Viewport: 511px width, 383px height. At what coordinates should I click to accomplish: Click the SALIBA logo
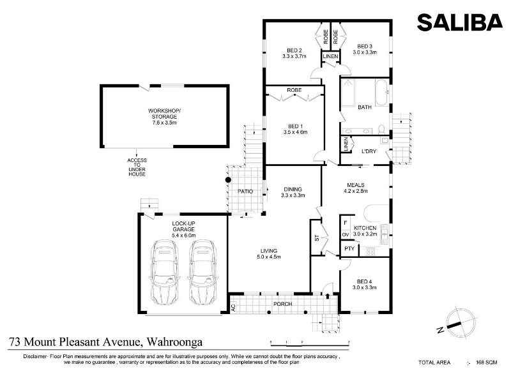pyautogui.click(x=460, y=22)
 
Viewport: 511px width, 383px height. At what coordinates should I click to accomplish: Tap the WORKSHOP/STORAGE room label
pyautogui.click(x=164, y=114)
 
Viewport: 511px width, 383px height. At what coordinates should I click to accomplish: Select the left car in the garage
pyautogui.click(x=165, y=273)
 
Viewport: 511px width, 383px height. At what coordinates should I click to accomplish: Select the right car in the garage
pyautogui.click(x=202, y=273)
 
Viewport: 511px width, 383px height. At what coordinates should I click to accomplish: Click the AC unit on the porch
pyautogui.click(x=233, y=307)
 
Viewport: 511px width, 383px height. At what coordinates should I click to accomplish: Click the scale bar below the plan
pyautogui.click(x=310, y=343)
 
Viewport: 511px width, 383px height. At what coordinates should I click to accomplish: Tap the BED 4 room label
pyautogui.click(x=364, y=282)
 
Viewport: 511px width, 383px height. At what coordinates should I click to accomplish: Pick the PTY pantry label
pyautogui.click(x=349, y=249)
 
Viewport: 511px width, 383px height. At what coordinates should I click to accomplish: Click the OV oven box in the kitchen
pyautogui.click(x=346, y=234)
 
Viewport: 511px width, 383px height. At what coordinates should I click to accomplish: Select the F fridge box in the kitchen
pyautogui.click(x=346, y=223)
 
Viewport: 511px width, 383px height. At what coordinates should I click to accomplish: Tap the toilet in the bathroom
pyautogui.click(x=381, y=130)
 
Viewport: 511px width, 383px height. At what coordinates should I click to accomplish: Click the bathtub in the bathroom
pyautogui.click(x=381, y=93)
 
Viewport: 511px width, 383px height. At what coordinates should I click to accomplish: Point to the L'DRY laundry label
pyautogui.click(x=369, y=151)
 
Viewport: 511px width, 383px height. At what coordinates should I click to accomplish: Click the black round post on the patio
pyautogui.click(x=228, y=180)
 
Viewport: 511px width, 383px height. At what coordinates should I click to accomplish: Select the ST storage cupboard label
pyautogui.click(x=317, y=238)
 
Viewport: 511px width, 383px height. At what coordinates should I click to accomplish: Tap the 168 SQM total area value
pyautogui.click(x=487, y=362)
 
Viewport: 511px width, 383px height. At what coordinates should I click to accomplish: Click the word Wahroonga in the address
pyautogui.click(x=174, y=342)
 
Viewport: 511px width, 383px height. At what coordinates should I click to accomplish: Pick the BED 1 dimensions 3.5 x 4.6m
pyautogui.click(x=295, y=132)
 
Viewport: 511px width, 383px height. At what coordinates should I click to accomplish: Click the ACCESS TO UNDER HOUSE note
pyautogui.click(x=137, y=167)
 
